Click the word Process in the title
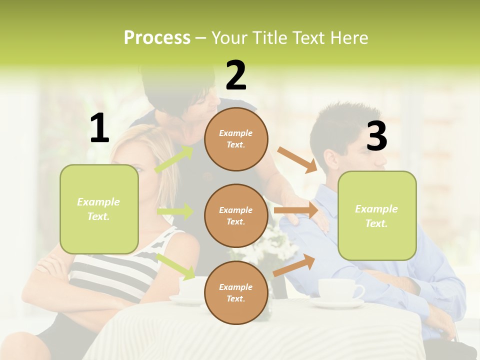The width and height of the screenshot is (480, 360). click(x=157, y=38)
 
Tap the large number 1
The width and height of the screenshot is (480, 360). click(x=99, y=128)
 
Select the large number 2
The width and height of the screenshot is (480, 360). click(x=236, y=75)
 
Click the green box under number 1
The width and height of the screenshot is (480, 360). click(x=99, y=209)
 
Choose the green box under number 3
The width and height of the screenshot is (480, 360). click(x=377, y=216)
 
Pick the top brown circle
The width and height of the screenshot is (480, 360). click(x=236, y=139)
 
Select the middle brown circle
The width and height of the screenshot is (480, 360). click(x=236, y=215)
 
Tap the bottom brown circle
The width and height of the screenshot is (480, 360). click(x=236, y=292)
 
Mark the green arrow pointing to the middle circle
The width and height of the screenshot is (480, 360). click(x=175, y=211)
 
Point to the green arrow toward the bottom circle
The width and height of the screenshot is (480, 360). click(x=176, y=266)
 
